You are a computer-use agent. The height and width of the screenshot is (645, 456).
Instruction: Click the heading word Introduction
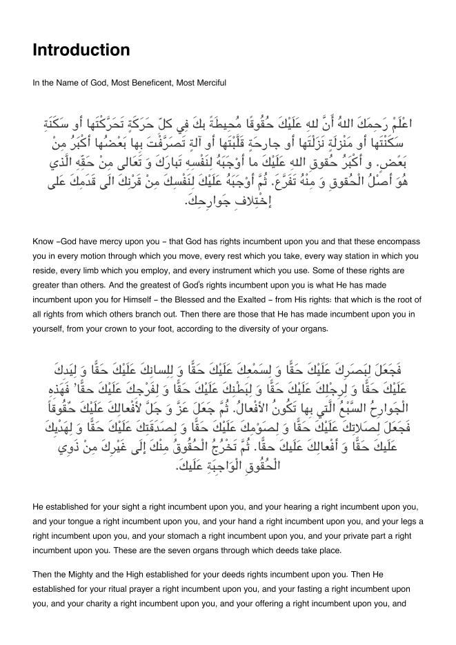tap(81, 50)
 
